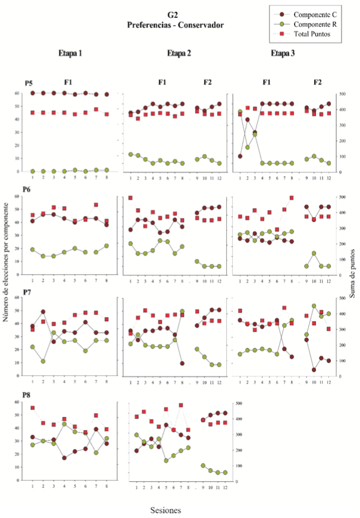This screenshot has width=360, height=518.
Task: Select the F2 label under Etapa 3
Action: click(318, 83)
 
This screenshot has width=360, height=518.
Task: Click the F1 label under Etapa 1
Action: click(70, 83)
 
